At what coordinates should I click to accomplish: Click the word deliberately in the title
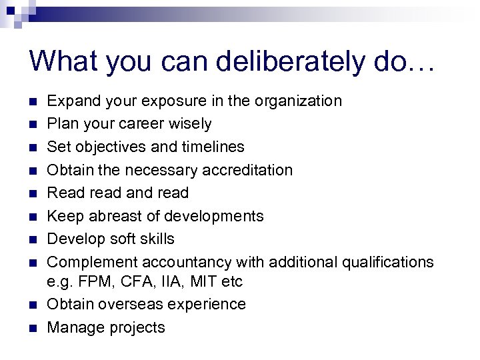pyautogui.click(x=275, y=61)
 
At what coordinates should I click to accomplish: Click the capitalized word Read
pyautogui.click(x=63, y=193)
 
